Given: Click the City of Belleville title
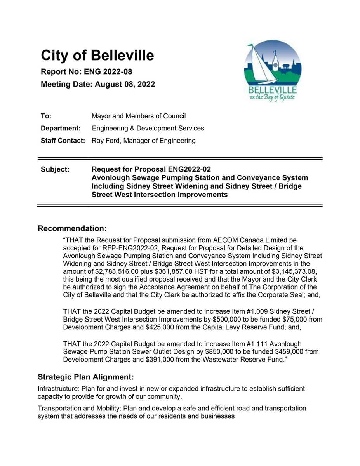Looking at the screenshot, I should (97, 56).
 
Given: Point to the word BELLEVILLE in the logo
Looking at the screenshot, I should (272, 90).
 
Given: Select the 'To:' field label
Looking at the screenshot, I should (46, 116).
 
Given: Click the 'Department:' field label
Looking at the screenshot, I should (61, 128).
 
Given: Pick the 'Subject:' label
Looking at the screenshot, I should (55, 169).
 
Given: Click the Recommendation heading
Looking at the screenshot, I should (72, 228).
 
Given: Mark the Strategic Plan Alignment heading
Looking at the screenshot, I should (85, 377).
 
